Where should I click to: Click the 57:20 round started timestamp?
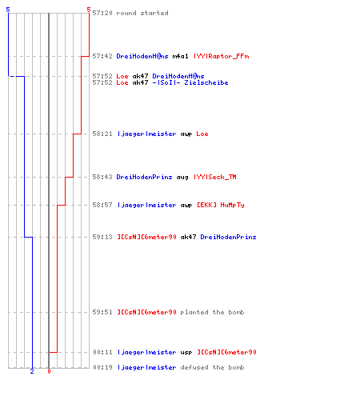[102, 13]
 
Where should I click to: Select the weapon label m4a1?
[180, 56]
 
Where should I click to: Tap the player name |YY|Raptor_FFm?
[222, 56]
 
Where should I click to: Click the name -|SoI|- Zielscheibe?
[190, 82]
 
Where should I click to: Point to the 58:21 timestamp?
[102, 134]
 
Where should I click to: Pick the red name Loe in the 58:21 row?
[202, 134]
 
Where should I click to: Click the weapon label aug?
[182, 178]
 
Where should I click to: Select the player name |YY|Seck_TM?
[215, 177]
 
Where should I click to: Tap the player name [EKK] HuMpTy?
[221, 205]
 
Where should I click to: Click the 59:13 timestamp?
[102, 237]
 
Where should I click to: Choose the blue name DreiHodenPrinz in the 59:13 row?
[228, 237]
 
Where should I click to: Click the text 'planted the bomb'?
[212, 312]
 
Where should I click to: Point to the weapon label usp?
[186, 353]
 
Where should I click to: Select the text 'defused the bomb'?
[212, 367]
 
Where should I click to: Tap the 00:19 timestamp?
[102, 367]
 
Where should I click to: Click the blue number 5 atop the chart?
[8, 10]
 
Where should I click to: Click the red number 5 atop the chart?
[89, 10]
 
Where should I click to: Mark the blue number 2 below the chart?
[32, 371]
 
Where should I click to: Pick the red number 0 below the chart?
[49, 371]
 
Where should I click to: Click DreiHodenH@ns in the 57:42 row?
[142, 56]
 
